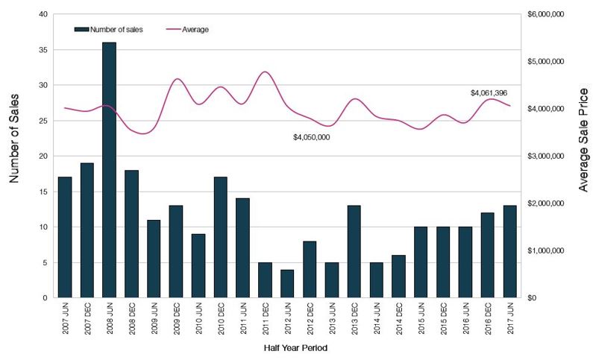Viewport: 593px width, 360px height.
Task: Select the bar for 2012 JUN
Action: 286,284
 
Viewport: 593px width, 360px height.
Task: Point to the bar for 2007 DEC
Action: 87,230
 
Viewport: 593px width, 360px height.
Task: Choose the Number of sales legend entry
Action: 108,29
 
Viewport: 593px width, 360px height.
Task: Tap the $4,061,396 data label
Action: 489,92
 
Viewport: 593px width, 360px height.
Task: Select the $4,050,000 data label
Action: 311,137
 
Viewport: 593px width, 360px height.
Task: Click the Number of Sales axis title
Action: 14,156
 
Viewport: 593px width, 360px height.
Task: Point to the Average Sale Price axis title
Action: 583,156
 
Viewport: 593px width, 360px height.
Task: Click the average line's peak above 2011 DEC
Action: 265,72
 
